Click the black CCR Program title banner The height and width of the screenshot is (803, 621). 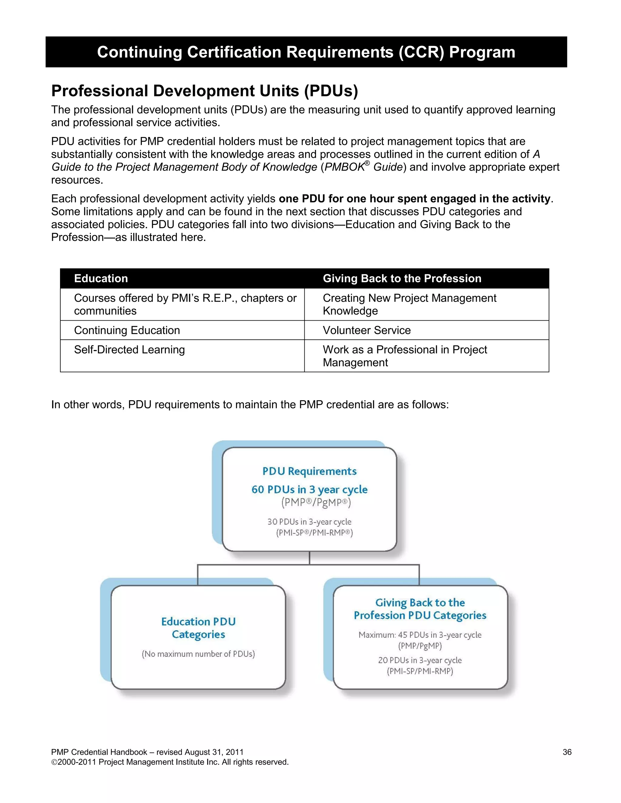(306, 52)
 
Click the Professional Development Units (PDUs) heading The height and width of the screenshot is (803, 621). (205, 91)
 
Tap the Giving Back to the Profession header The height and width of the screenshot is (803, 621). (402, 278)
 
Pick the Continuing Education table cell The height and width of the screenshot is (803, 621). (127, 330)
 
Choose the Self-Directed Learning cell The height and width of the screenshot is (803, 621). (129, 350)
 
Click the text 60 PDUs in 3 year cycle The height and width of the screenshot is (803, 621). (309, 489)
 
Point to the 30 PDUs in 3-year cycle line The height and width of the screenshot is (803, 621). (309, 522)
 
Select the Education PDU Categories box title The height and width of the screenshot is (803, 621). (198, 628)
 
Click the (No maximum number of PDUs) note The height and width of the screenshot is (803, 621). (198, 654)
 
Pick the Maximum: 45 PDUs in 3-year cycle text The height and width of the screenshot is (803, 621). (420, 635)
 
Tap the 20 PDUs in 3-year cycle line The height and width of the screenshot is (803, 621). (420, 660)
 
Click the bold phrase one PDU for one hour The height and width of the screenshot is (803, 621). (414, 198)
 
